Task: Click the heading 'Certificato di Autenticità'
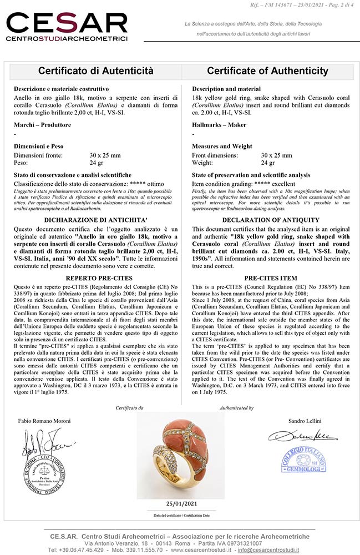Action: pos(95,71)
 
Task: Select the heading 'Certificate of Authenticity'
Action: pos(267,71)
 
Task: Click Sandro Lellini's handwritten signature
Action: pos(295,435)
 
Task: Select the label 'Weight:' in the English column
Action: pos(203,163)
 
